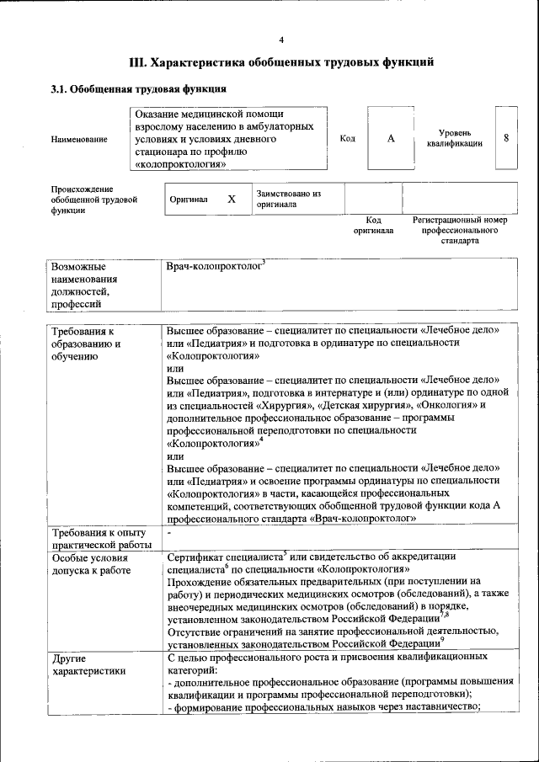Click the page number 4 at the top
point(281,40)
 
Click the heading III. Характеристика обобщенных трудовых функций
point(281,62)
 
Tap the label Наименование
point(79,139)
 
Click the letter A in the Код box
point(391,138)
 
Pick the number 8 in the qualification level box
point(505,137)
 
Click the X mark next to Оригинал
point(231,200)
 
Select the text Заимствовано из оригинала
point(289,199)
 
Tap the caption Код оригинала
point(373,225)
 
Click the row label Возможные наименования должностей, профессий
point(84,285)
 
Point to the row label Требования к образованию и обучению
point(88,344)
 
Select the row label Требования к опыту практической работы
point(99,539)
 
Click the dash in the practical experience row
point(169,533)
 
